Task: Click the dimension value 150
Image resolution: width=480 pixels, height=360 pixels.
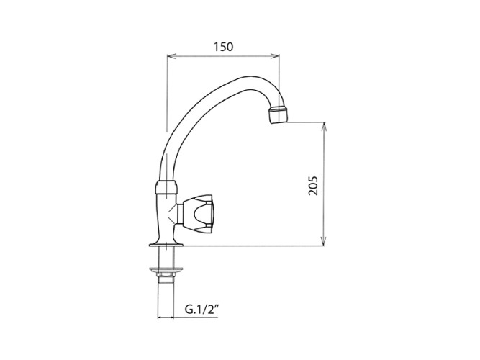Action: coord(223,47)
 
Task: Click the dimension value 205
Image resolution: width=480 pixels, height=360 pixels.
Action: coord(312,185)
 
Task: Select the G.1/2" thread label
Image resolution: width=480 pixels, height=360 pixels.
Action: coord(200,311)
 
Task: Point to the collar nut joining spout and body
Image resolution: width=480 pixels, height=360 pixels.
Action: coord(166,188)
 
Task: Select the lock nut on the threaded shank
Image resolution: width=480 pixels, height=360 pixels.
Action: coord(166,274)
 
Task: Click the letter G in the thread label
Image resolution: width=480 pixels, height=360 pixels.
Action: coord(189,311)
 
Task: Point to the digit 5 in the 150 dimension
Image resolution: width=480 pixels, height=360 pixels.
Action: coord(223,47)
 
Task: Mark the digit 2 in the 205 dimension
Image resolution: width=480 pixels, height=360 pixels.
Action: coord(312,193)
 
